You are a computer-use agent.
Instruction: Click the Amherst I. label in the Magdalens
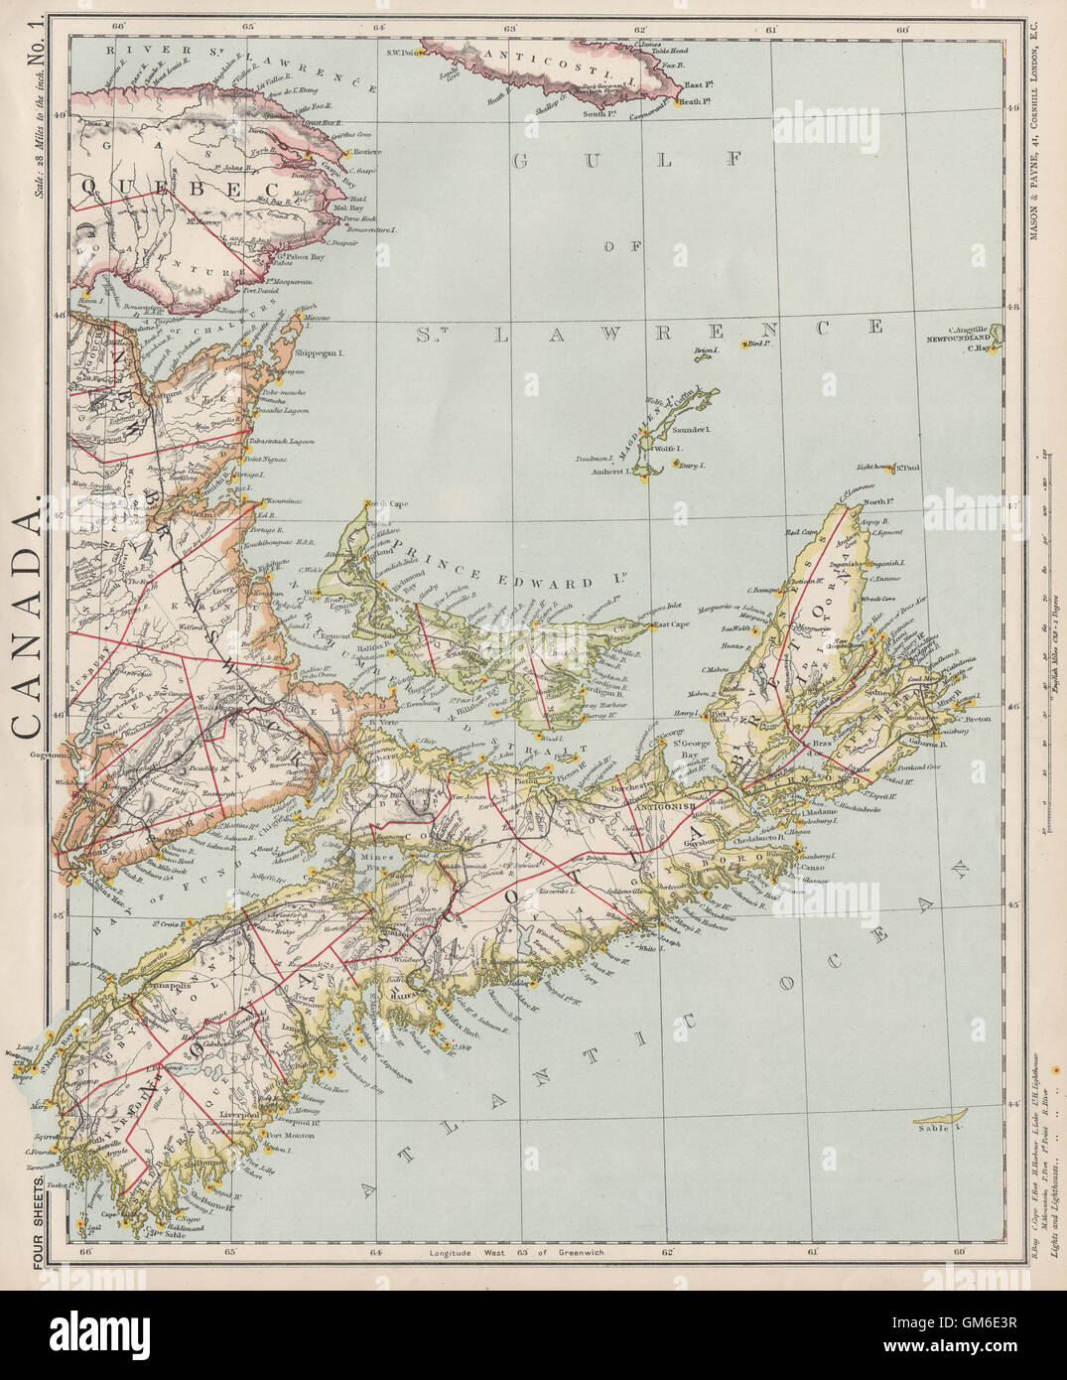pyautogui.click(x=606, y=474)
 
